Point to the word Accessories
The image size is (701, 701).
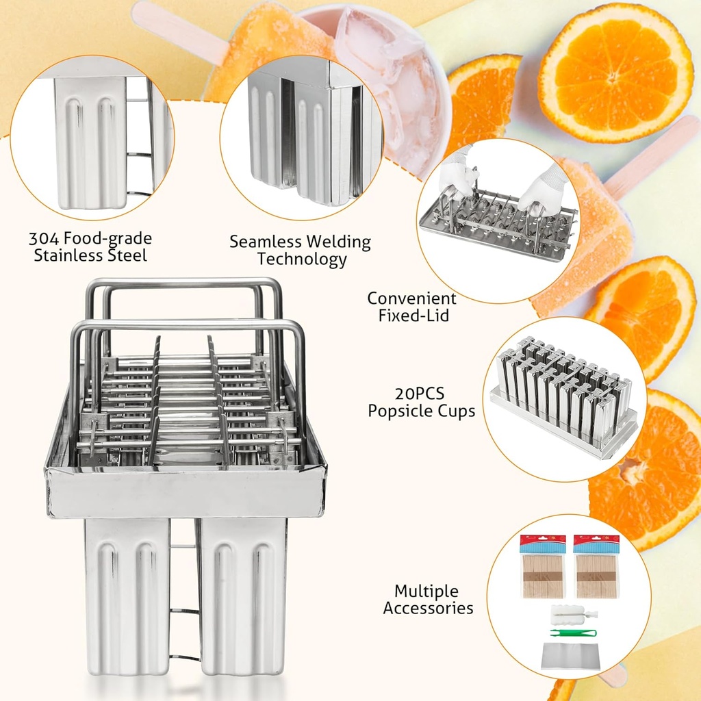[428, 608]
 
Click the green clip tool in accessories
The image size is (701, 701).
[573, 633]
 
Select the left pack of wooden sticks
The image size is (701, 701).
[542, 568]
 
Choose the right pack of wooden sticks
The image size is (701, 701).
[596, 568]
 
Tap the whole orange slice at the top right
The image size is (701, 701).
[614, 72]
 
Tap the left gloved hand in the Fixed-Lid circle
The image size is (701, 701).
[457, 175]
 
